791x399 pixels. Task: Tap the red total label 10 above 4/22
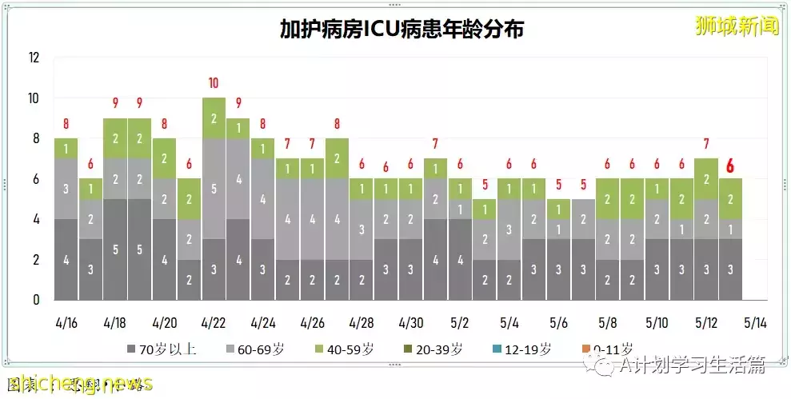[214, 83]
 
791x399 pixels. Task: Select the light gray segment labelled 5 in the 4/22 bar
[214, 189]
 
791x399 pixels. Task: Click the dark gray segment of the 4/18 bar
[115, 249]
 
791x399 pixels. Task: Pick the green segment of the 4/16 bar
[66, 149]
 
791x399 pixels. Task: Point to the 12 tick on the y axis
[33, 58]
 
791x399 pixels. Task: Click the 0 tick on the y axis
[35, 301]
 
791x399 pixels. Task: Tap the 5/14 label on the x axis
[755, 323]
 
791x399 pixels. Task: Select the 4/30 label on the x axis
[411, 323]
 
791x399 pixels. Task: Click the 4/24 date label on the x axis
[263, 323]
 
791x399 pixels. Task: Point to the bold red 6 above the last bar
[729, 166]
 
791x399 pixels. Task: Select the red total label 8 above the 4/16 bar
[66, 124]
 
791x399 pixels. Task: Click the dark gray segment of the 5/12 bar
[705, 270]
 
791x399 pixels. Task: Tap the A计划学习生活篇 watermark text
[693, 365]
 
